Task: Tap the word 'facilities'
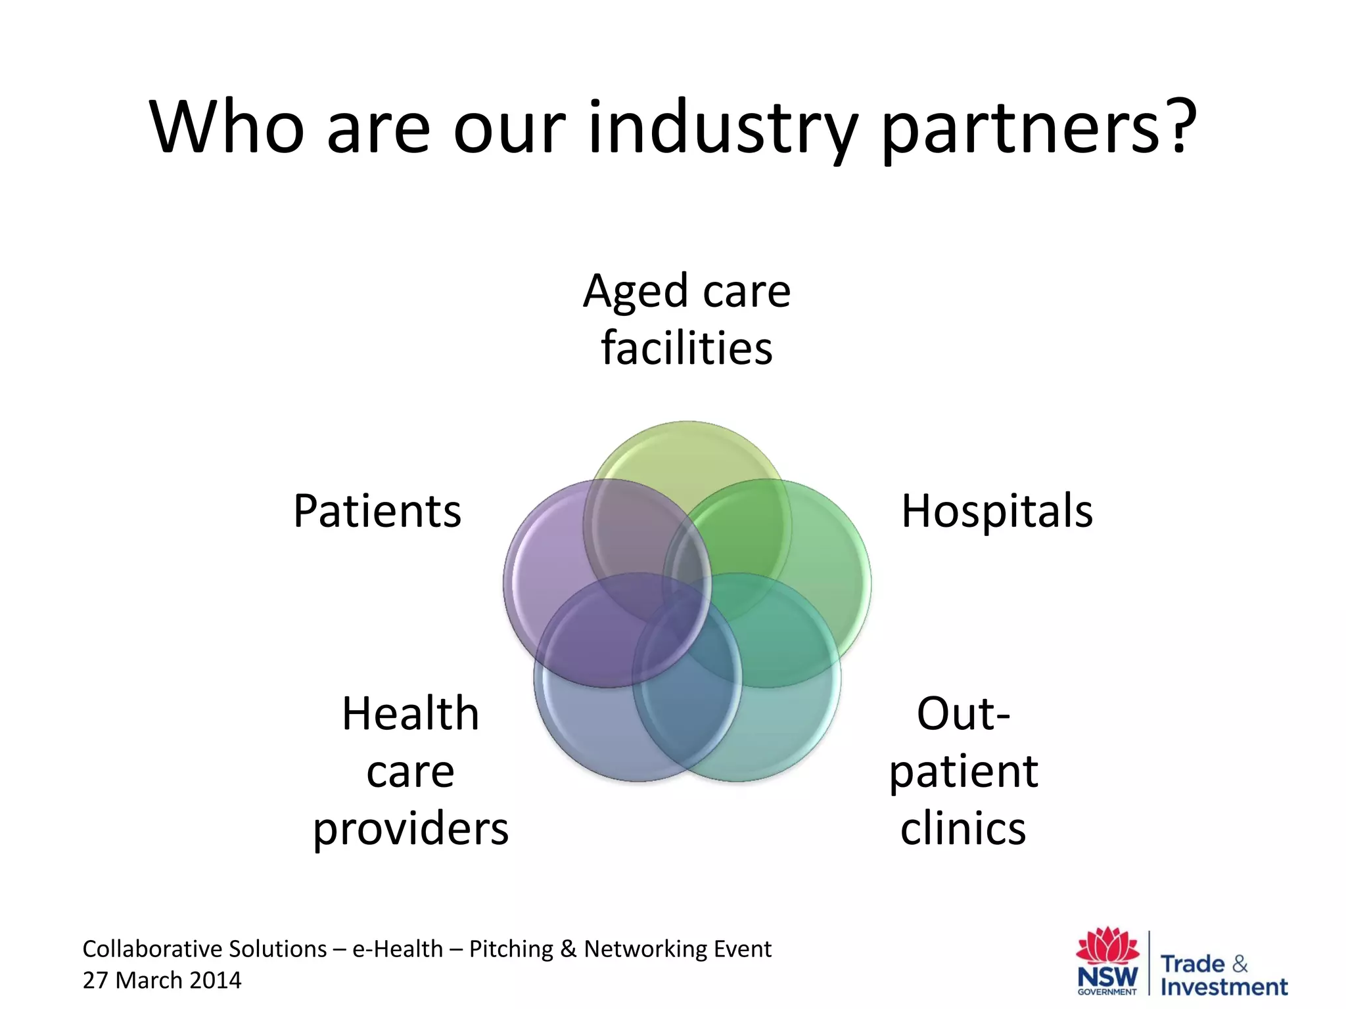click(687, 348)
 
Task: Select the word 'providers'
click(411, 829)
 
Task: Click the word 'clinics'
click(963, 829)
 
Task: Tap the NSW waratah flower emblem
click(1107, 946)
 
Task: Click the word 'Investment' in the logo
click(1224, 987)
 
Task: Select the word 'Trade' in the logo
click(1193, 964)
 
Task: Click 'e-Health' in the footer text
click(398, 949)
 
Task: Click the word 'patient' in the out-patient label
click(963, 772)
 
